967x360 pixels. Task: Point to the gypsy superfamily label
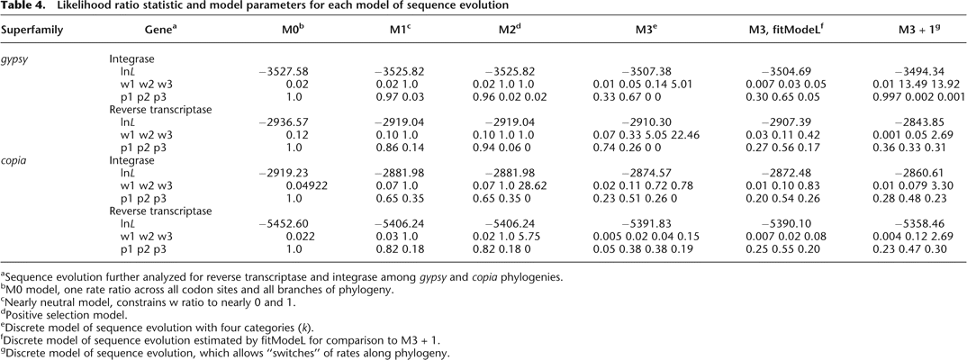[15, 62]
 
